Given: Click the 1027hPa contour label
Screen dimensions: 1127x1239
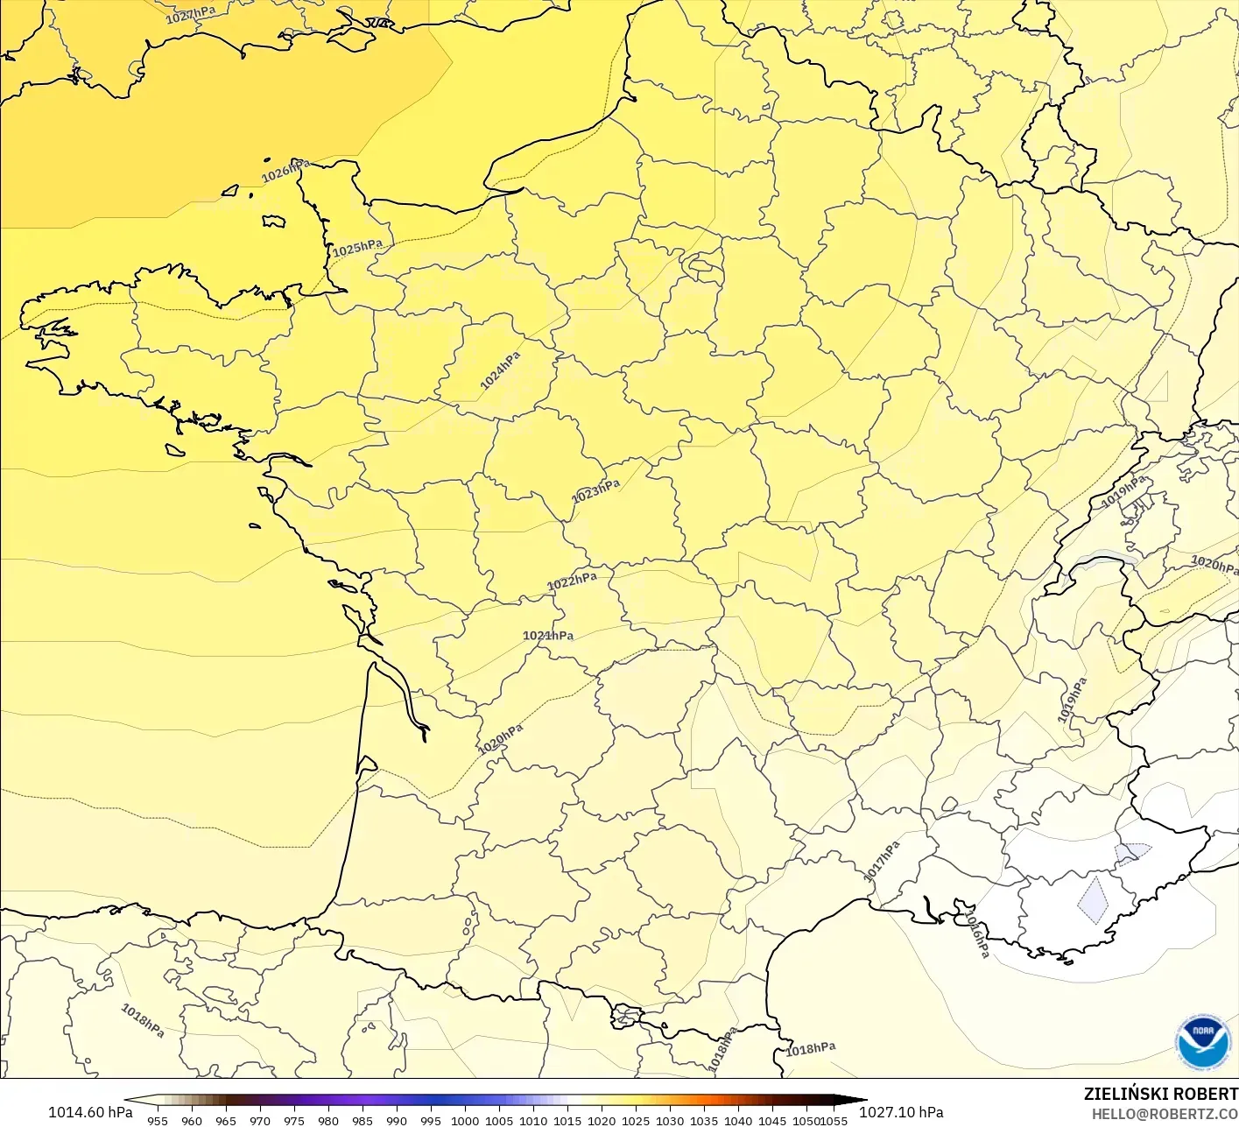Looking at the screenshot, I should click(x=191, y=14).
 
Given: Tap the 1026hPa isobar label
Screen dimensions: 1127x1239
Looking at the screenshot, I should click(x=285, y=171).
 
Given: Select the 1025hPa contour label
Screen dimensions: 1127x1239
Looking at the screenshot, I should click(x=357, y=248).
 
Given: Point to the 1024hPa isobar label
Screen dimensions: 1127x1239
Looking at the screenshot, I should click(x=500, y=370).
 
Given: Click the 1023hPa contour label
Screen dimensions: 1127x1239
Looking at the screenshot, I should click(x=595, y=491).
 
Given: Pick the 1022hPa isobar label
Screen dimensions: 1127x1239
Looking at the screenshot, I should click(x=572, y=581).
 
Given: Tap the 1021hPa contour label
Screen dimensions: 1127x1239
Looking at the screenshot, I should click(x=548, y=636).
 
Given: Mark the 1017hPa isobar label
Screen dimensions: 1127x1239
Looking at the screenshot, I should click(x=882, y=862).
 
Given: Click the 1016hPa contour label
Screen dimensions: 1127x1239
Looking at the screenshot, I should click(x=976, y=933).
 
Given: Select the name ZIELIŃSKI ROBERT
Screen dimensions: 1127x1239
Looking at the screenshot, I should click(x=1160, y=1094).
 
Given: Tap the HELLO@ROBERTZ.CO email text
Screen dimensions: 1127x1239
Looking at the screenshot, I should click(x=1165, y=1114).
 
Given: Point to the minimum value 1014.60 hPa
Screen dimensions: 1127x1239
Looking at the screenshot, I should click(x=90, y=1112).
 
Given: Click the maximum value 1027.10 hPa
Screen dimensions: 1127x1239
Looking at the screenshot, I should click(x=901, y=1112).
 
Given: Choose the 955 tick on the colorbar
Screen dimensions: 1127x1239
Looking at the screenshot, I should click(x=158, y=1121).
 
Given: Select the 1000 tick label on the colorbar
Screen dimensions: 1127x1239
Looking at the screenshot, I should click(x=465, y=1121).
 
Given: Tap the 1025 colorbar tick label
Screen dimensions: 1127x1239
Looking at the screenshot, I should click(x=636, y=1121).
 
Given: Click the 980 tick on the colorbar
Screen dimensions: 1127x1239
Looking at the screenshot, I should click(x=328, y=1121).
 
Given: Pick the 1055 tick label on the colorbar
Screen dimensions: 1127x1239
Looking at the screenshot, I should click(x=834, y=1121).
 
